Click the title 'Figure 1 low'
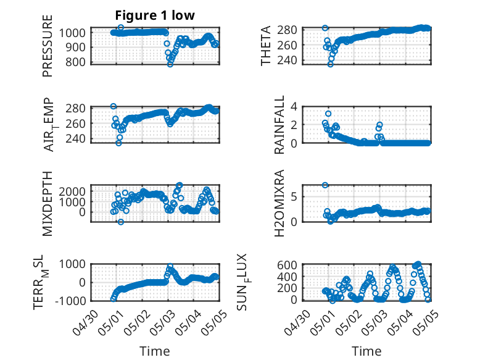[155, 15]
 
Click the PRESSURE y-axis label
[48, 46]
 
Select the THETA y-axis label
[266, 46]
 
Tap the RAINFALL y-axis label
[279, 124]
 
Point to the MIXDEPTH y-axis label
[48, 204]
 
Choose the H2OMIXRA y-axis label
[279, 203]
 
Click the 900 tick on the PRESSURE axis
[75, 47]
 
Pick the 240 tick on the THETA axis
[287, 60]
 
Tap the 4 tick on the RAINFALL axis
[294, 107]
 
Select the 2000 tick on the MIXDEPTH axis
[72, 191]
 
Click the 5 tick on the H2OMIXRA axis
[294, 196]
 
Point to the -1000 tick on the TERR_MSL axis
[70, 301]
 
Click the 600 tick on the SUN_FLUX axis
[287, 265]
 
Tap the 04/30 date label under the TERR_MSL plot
[86, 322]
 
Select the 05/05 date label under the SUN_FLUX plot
[426, 322]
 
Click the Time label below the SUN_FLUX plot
[366, 351]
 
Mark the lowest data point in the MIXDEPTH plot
[121, 222]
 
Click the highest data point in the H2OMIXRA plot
[325, 185]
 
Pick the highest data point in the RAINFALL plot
[328, 114]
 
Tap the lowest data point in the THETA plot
[330, 64]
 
